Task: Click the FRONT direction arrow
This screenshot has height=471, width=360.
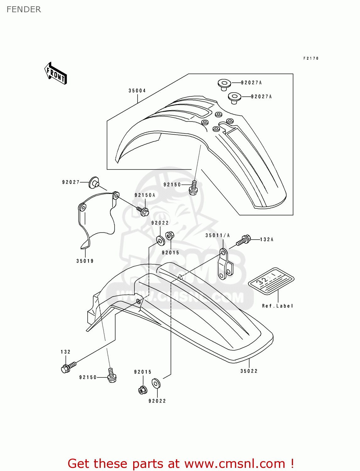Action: tap(56, 73)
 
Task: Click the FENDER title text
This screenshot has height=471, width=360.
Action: tap(24, 9)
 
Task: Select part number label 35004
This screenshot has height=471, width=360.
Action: tap(137, 91)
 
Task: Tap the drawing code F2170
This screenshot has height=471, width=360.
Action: tap(311, 58)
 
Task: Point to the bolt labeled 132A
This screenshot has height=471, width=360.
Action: tap(243, 241)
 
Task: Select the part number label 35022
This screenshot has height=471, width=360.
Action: tap(249, 371)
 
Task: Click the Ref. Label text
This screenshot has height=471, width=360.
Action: tap(277, 306)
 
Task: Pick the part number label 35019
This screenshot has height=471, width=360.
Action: tap(85, 261)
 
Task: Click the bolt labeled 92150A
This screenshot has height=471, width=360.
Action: tap(143, 211)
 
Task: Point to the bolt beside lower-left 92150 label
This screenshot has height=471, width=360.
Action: tap(112, 376)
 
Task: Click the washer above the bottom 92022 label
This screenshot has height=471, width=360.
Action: tap(156, 383)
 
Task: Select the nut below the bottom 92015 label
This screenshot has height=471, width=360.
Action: tap(142, 390)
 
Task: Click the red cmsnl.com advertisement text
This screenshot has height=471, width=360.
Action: tap(181, 463)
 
